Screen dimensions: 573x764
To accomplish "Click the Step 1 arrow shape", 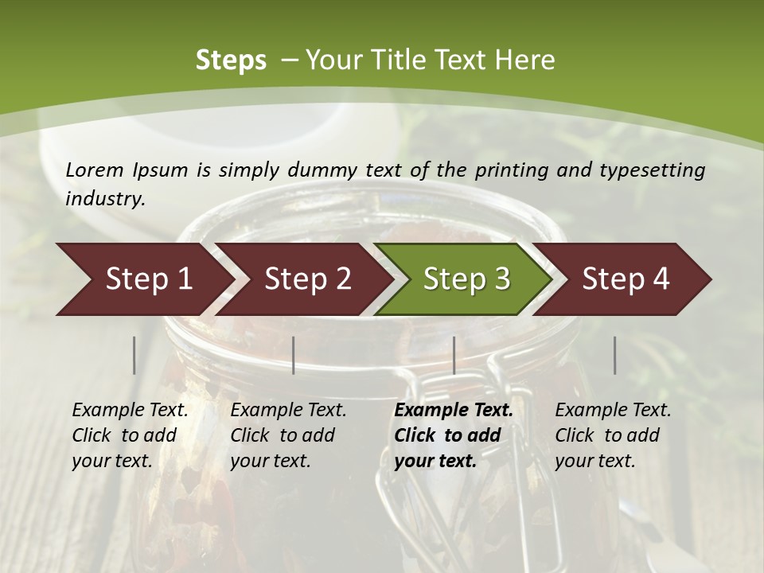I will point(143,279).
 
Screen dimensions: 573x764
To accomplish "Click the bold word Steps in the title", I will point(231,60).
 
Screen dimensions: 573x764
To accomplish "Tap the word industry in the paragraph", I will point(104,198).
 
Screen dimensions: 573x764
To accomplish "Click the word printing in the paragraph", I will point(509,170).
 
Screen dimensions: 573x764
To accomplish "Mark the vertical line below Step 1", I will point(134,355).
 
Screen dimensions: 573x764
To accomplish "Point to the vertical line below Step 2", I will point(294,355).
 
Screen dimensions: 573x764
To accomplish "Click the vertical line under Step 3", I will point(454,355).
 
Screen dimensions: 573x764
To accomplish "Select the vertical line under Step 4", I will point(614,355).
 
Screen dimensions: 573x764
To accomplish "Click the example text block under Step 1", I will point(130,435).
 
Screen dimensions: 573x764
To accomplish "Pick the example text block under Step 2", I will point(288,435).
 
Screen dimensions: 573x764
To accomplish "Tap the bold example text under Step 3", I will point(454,435).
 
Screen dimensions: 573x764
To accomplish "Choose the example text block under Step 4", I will point(613,435).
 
